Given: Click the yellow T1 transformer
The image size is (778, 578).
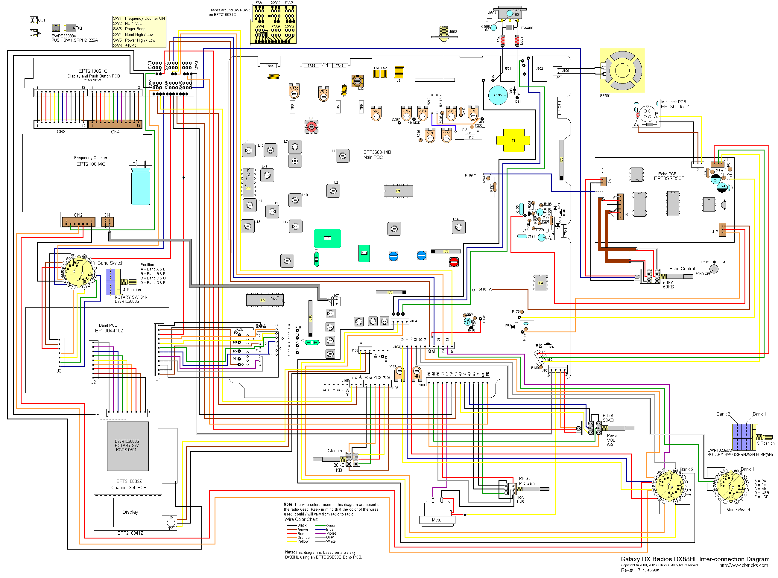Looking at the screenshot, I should [x=513, y=140].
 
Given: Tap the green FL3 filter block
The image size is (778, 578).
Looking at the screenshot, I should [x=327, y=238].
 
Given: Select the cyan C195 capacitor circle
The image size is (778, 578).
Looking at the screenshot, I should [x=498, y=95].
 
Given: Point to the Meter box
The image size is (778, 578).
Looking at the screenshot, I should [x=437, y=520].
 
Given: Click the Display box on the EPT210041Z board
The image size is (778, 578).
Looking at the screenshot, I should [x=130, y=512].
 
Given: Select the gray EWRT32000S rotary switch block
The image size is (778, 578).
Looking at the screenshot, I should [x=127, y=446].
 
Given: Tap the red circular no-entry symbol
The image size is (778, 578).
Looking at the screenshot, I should [x=454, y=262].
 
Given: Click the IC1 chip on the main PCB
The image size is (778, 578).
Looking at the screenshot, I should [x=398, y=191].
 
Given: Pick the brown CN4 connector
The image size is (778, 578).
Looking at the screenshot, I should [x=115, y=124].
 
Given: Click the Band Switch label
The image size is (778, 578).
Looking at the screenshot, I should [x=110, y=263].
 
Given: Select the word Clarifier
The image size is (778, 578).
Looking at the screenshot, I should [x=335, y=451].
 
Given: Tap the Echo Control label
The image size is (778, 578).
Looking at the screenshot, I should [x=682, y=269].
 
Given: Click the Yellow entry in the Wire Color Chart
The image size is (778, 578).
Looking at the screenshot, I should [x=303, y=541].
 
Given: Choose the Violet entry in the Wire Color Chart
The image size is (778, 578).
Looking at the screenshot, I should [x=331, y=533].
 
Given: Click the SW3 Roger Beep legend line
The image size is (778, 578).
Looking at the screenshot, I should [x=135, y=29].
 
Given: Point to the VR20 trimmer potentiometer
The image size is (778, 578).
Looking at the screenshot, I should [x=294, y=91].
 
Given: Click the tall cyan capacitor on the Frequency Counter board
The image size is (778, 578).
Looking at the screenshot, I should [x=141, y=186].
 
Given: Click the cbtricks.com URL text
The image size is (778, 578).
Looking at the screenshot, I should [x=743, y=565].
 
